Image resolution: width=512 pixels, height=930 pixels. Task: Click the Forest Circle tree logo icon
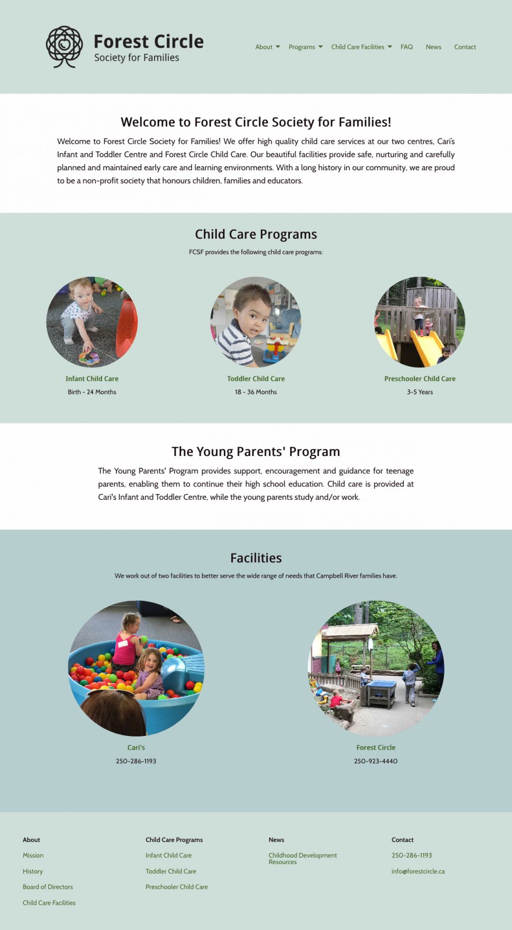[x=64, y=46]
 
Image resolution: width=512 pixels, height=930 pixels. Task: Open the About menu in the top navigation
[x=264, y=47]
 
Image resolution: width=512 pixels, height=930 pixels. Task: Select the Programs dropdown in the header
[x=302, y=47]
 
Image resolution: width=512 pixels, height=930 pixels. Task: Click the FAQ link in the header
[x=406, y=47]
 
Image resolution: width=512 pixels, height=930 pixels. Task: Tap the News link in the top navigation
[x=433, y=47]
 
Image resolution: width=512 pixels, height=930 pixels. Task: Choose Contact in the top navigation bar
[x=465, y=47]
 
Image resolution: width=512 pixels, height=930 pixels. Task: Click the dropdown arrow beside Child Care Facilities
[x=390, y=47]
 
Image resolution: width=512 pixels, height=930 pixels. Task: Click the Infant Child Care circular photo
[x=92, y=322]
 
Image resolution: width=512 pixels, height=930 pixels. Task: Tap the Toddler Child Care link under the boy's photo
[x=256, y=379]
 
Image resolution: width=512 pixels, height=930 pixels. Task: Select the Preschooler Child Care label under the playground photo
[x=420, y=379]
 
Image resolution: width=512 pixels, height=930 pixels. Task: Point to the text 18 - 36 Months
[x=256, y=392]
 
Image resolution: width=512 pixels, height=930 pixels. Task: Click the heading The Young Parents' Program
[x=256, y=452]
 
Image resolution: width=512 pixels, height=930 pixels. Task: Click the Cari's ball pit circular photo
[x=136, y=669]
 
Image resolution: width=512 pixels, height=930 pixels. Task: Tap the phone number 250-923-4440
[x=376, y=761]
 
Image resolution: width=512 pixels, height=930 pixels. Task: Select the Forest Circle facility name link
[x=376, y=748]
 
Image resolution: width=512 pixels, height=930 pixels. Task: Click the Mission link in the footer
[x=33, y=855]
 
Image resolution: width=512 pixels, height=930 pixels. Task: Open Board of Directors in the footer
[x=48, y=887]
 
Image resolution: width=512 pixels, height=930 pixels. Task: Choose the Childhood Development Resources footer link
[x=302, y=858]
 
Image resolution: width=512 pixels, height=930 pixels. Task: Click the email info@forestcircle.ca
[x=418, y=871]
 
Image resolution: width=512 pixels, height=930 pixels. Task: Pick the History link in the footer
[x=33, y=871]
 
